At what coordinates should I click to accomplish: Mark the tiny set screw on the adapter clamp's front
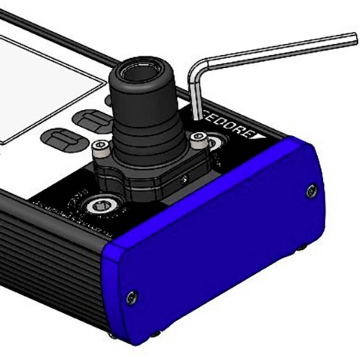184,177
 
